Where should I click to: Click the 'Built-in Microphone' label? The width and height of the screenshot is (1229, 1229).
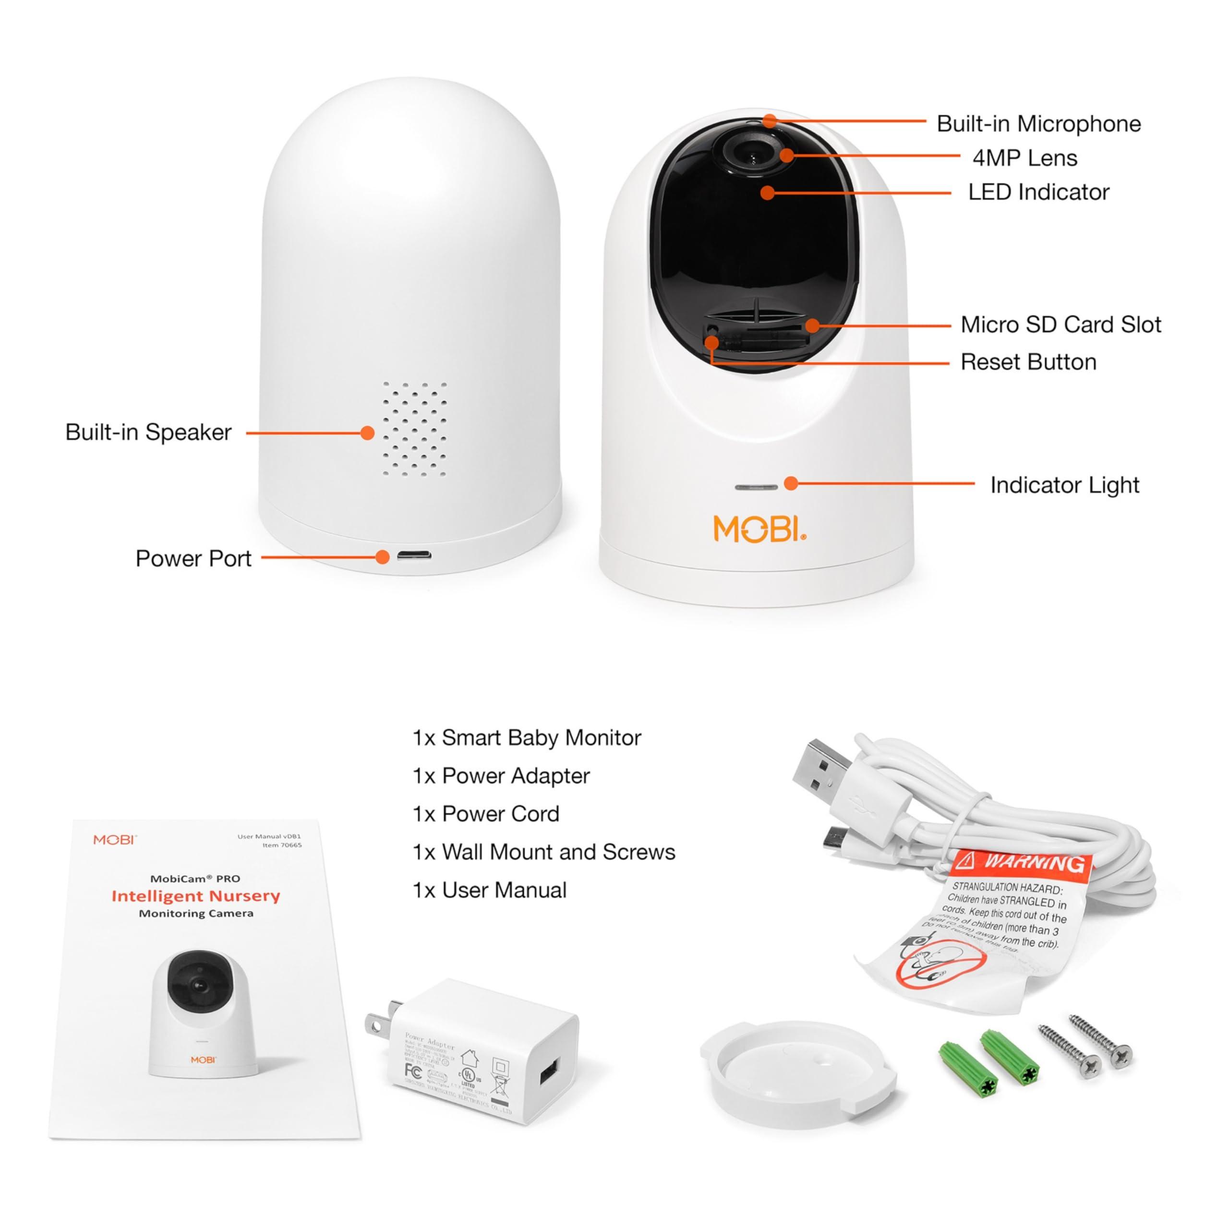(1038, 123)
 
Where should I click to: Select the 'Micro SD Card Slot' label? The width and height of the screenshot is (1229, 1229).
(1060, 325)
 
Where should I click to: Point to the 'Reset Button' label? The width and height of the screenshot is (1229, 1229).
(1028, 362)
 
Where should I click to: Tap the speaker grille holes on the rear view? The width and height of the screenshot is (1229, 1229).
(414, 429)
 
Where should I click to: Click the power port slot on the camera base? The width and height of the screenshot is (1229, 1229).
(414, 555)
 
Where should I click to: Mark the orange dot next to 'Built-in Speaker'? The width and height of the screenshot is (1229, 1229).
(367, 433)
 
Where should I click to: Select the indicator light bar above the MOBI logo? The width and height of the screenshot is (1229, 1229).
(756, 487)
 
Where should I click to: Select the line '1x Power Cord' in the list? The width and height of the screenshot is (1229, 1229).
(486, 814)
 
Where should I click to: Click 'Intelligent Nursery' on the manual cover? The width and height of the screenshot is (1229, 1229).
(195, 896)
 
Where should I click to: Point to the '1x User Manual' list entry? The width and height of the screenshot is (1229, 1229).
(489, 890)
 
